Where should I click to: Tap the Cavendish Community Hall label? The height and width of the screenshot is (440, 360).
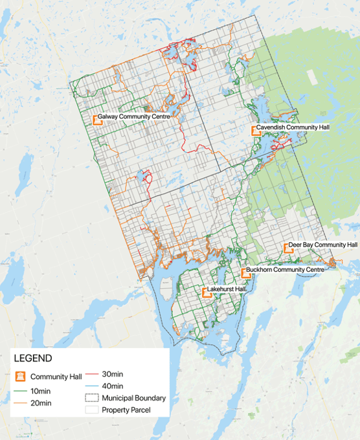point(293,128)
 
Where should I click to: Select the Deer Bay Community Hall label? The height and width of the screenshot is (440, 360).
point(322,245)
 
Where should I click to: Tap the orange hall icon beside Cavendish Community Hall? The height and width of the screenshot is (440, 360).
point(256,130)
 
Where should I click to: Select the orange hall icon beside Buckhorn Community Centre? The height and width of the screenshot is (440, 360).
point(245,272)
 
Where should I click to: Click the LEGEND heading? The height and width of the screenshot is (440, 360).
point(33,358)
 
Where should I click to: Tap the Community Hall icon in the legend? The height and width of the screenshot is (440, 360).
point(19,377)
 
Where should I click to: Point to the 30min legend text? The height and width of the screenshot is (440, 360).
point(112,375)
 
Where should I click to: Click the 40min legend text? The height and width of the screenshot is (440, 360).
point(112,386)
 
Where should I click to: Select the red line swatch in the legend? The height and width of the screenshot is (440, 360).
point(91,375)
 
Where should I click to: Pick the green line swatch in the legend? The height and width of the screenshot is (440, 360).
point(19,391)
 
